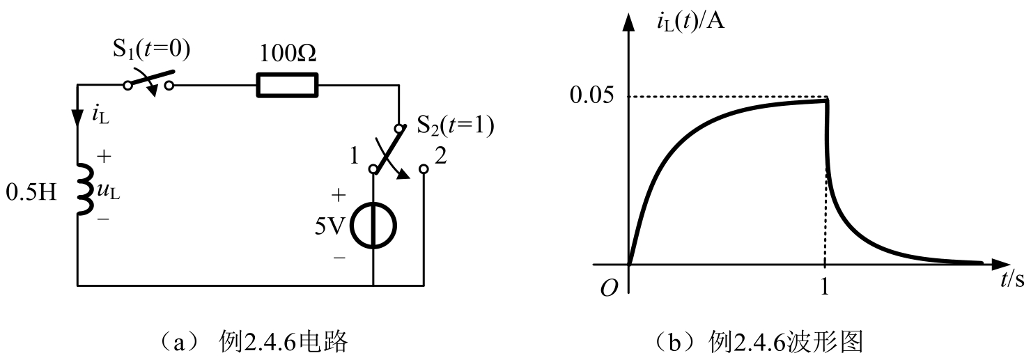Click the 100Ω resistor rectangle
287,85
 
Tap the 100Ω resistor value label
286,53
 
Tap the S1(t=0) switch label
151,49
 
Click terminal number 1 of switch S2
355,157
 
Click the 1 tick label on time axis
825,287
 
